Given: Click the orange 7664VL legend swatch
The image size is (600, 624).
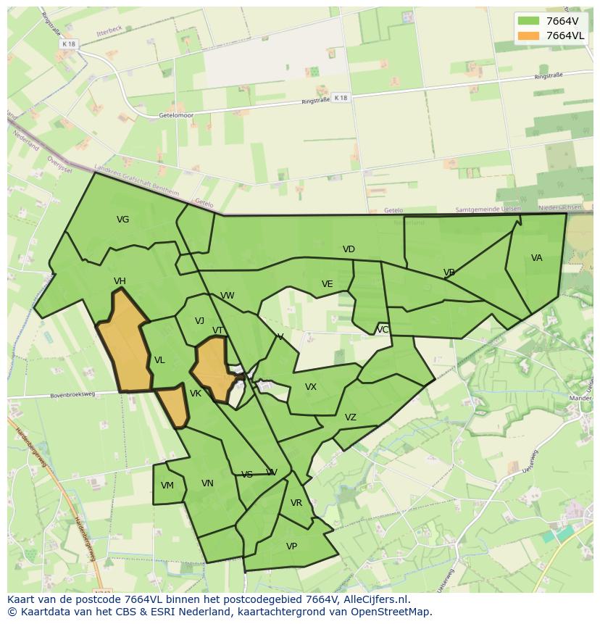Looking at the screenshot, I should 529,36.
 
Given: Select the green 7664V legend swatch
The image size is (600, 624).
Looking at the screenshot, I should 529,21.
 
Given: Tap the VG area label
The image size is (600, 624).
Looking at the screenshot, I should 123,220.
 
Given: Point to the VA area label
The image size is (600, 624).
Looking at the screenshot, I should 536,258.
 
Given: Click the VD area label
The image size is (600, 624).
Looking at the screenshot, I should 349,249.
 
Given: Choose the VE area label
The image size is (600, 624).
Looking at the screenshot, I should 327,284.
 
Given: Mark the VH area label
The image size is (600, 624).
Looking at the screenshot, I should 120,281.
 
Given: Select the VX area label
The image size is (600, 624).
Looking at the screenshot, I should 311,387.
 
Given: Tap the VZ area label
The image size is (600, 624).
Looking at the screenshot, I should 351,417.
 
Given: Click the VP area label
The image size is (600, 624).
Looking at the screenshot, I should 291,546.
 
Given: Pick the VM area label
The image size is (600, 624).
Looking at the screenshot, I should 167,486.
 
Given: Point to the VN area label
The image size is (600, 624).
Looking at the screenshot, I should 207,483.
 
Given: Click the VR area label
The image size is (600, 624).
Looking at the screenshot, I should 296,503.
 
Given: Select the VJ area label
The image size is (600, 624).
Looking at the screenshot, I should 199,321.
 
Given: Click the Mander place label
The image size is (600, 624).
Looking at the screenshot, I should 583,397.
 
